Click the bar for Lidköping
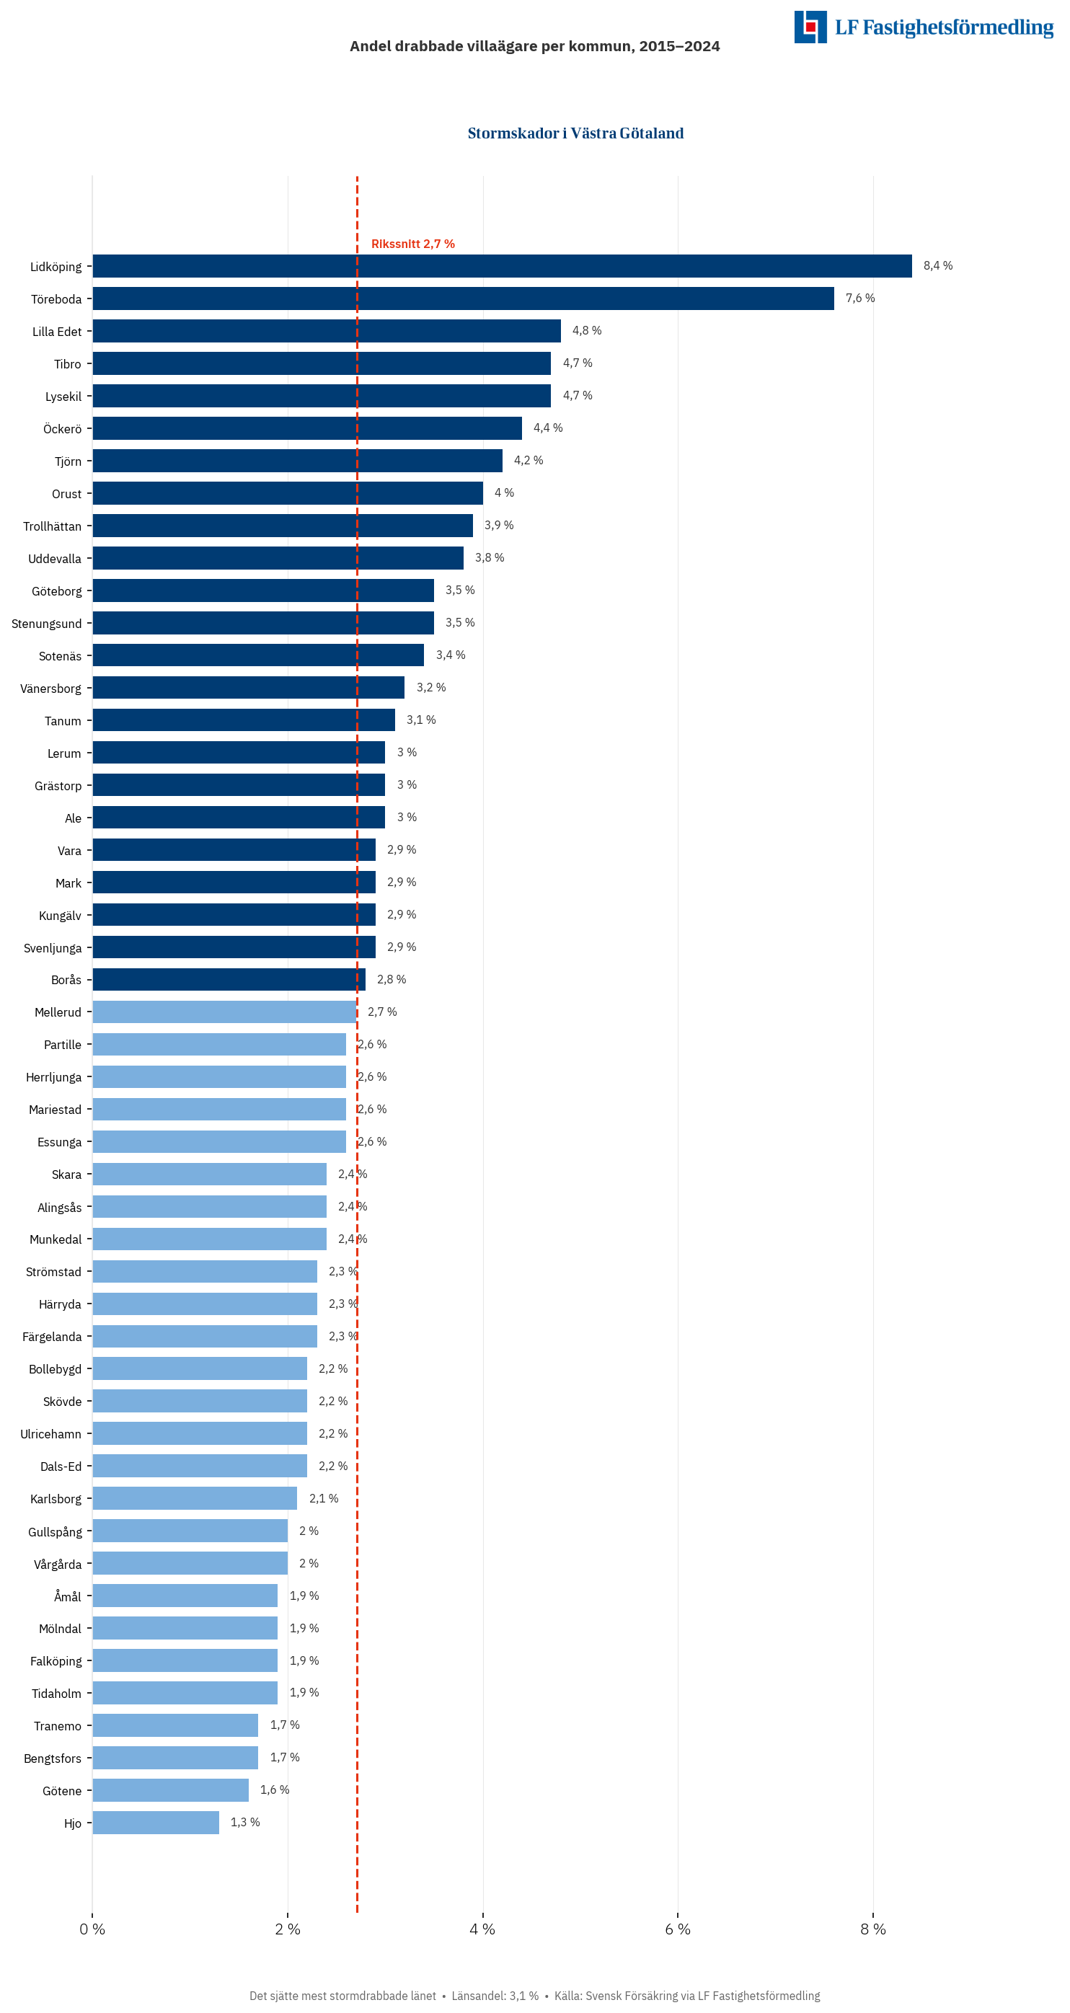502,266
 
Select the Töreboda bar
463,298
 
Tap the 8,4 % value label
937,266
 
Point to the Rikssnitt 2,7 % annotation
412,244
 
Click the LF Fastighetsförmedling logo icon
810,27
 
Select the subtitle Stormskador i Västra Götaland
575,133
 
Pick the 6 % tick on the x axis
678,1929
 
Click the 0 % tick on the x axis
92,1929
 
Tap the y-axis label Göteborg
56,591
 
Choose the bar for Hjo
156,1823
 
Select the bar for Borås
229,979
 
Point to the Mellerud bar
224,1012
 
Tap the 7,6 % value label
859,298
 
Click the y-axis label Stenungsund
46,624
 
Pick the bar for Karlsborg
195,1498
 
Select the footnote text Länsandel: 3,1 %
495,1995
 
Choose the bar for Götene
170,1789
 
